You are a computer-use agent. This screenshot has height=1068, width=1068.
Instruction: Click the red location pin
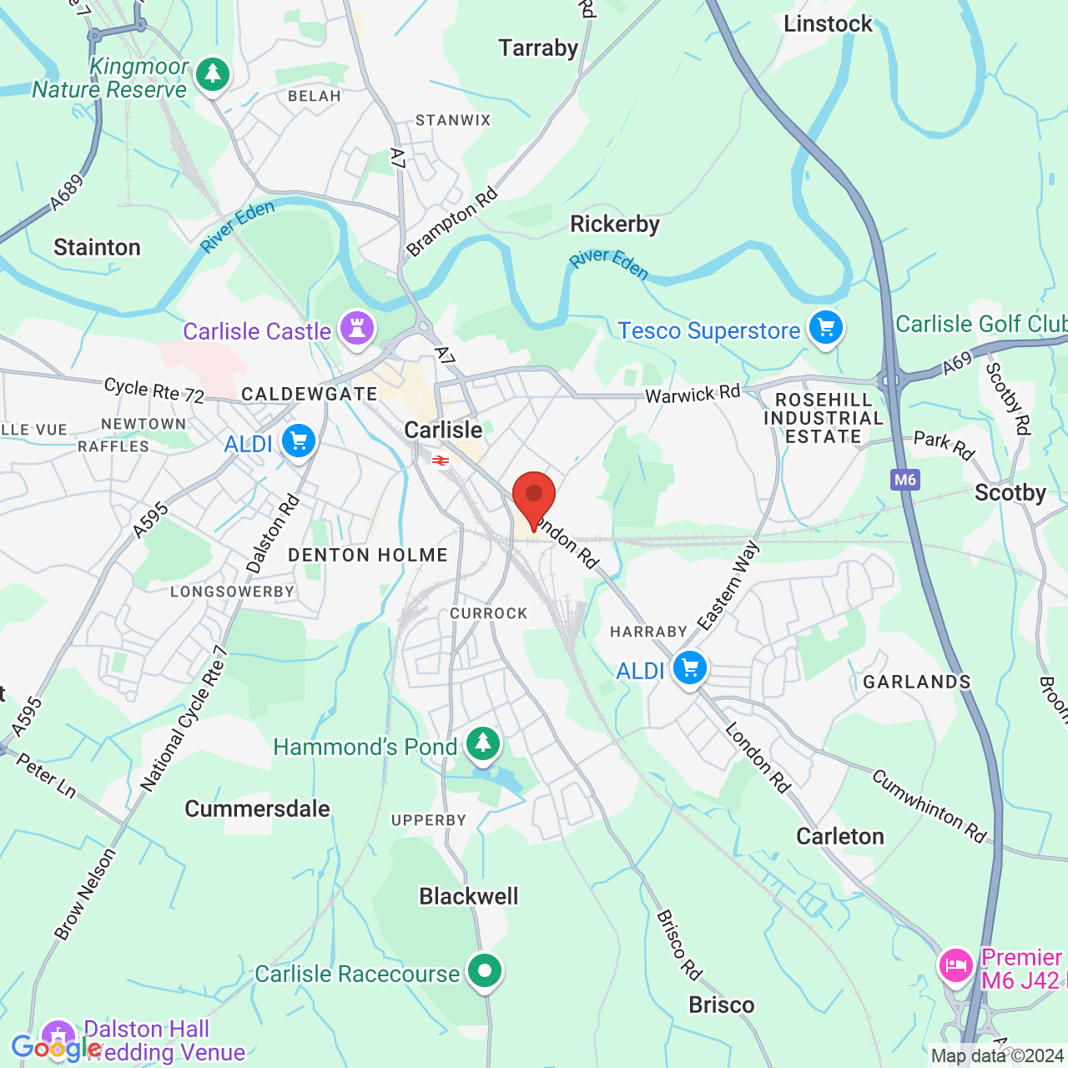(x=534, y=498)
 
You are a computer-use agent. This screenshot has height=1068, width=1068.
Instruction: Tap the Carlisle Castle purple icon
(x=357, y=328)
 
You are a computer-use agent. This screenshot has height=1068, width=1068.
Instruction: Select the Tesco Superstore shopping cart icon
(x=825, y=328)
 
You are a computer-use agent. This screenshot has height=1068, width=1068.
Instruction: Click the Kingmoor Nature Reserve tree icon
(x=213, y=74)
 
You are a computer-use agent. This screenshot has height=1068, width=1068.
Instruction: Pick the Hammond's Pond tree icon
(x=483, y=743)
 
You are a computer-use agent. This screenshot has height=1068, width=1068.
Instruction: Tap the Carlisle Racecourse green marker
(x=485, y=971)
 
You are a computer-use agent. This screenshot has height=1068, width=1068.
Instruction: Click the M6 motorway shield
(x=905, y=480)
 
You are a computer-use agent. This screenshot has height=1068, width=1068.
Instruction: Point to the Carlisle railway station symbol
(x=441, y=460)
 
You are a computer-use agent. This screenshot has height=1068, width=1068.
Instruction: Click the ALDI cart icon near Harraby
(x=690, y=668)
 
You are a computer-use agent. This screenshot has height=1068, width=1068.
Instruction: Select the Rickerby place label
(x=615, y=224)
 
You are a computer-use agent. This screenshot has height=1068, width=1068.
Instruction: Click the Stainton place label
(x=98, y=248)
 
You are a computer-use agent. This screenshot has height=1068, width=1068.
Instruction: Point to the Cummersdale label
(x=257, y=809)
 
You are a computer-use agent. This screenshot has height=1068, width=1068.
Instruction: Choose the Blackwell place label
(x=469, y=896)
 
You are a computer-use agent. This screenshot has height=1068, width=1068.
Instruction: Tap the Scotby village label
(x=1010, y=493)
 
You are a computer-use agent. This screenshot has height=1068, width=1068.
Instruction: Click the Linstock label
(x=828, y=24)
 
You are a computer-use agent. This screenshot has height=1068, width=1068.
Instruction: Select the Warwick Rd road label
(x=693, y=393)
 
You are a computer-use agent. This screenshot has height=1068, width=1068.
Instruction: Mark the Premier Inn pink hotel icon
(x=955, y=967)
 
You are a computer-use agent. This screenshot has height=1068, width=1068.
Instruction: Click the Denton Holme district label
(x=367, y=555)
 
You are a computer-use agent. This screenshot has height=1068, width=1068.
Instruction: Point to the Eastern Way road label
(x=728, y=585)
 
